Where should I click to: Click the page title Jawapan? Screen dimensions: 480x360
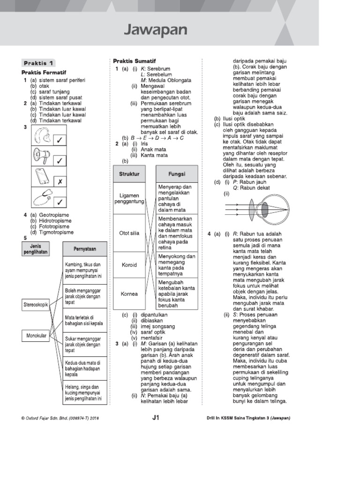pyautogui.click(x=155, y=30)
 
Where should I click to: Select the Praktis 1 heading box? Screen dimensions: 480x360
pyautogui.click(x=39, y=63)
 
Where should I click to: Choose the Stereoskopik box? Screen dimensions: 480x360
pyautogui.click(x=36, y=305)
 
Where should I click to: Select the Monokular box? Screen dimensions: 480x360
pyautogui.click(x=36, y=336)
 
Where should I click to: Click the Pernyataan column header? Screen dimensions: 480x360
pyautogui.click(x=85, y=248)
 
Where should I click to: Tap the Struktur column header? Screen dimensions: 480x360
pyautogui.click(x=129, y=174)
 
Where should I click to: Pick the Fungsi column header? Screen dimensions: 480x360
pyautogui.click(x=177, y=174)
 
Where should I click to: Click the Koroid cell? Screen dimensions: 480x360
pyautogui.click(x=129, y=265)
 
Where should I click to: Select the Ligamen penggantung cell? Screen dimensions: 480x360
pyautogui.click(x=129, y=199)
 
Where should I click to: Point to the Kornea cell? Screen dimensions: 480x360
pyautogui.click(x=129, y=294)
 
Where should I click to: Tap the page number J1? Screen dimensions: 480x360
pyautogui.click(x=156, y=418)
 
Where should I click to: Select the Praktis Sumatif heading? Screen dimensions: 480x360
pyautogui.click(x=135, y=61)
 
